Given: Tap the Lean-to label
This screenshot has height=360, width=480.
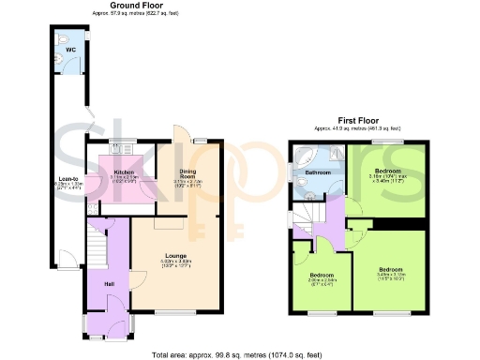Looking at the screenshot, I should (x=67, y=178).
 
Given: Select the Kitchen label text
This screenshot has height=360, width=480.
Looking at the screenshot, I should (x=126, y=172).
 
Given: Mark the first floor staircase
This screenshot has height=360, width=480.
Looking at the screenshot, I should (x=307, y=218).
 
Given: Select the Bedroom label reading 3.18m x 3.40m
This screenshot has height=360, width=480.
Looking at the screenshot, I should (x=385, y=172).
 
